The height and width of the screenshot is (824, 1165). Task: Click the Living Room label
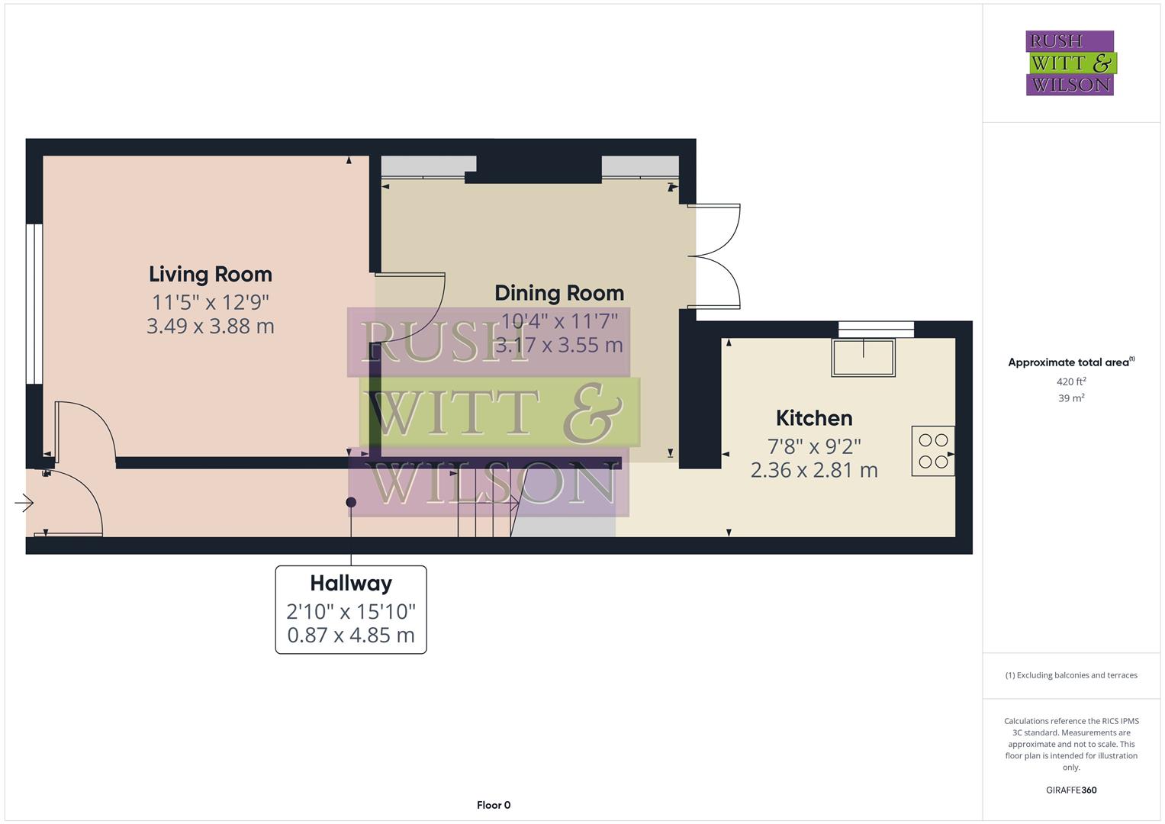[210, 274]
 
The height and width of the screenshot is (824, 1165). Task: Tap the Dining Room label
[559, 293]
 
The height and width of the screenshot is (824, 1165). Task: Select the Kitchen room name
[814, 418]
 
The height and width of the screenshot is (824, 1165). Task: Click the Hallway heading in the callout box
[351, 584]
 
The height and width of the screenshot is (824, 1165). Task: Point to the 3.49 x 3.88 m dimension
[210, 326]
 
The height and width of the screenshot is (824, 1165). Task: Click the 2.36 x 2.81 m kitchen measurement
[814, 470]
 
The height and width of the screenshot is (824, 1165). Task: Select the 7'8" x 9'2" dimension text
[814, 446]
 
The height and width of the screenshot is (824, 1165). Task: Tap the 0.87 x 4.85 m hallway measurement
[351, 635]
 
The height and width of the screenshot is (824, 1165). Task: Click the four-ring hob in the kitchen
[933, 451]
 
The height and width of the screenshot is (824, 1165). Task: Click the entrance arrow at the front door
[24, 503]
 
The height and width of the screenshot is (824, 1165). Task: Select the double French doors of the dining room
[717, 256]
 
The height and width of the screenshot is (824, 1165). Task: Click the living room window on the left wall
[34, 304]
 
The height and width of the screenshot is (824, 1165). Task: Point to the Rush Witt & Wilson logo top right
[1070, 63]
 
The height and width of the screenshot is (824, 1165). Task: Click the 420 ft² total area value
[1071, 381]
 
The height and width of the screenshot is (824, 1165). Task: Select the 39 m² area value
[1071, 398]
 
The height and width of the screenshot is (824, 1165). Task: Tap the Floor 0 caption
[494, 805]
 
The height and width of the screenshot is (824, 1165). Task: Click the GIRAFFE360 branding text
[1071, 790]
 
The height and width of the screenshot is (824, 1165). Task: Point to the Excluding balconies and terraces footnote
[1071, 675]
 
